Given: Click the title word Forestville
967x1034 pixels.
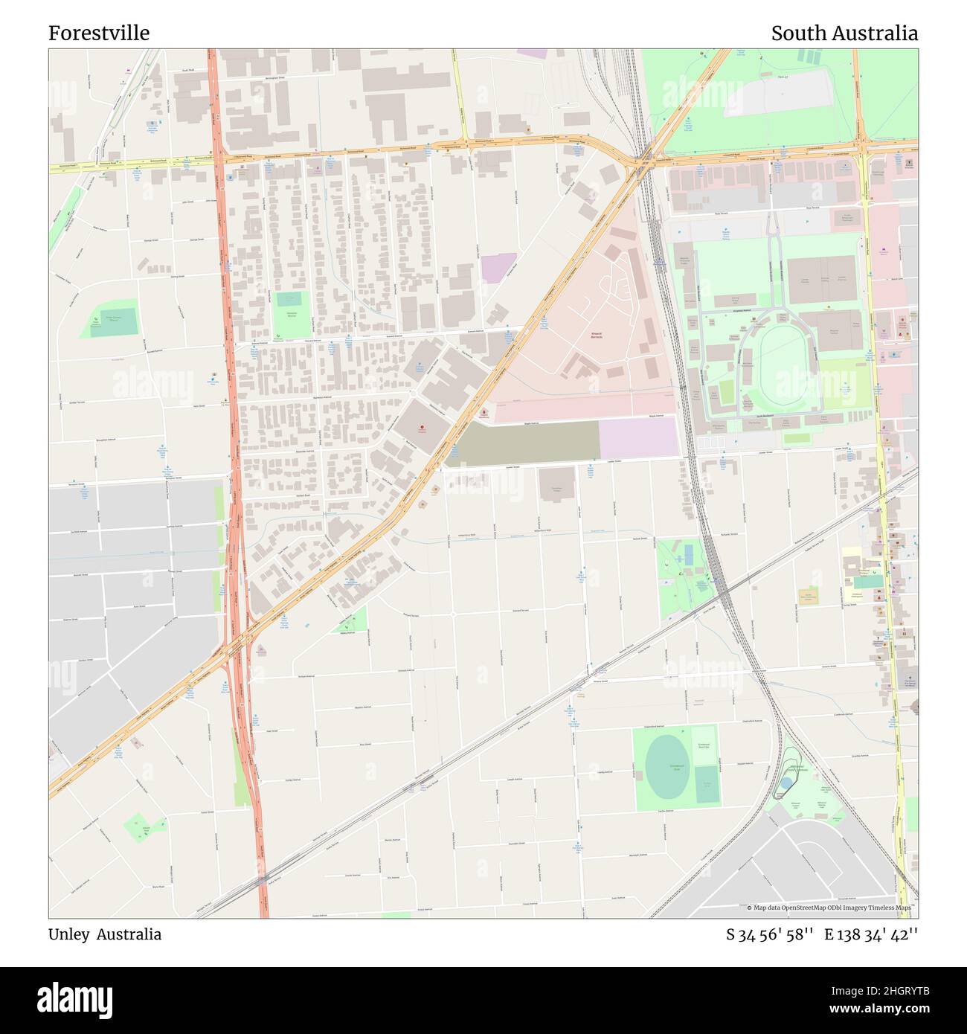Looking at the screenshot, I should tap(99, 33).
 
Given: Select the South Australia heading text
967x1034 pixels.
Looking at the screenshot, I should tap(844, 33).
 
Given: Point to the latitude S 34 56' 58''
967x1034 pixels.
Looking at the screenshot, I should tap(770, 934).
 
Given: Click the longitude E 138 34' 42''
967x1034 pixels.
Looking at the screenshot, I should tap(870, 934).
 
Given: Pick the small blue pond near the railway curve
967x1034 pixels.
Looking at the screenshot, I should tap(786, 784).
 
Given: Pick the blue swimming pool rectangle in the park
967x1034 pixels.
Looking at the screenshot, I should tap(688, 554).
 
